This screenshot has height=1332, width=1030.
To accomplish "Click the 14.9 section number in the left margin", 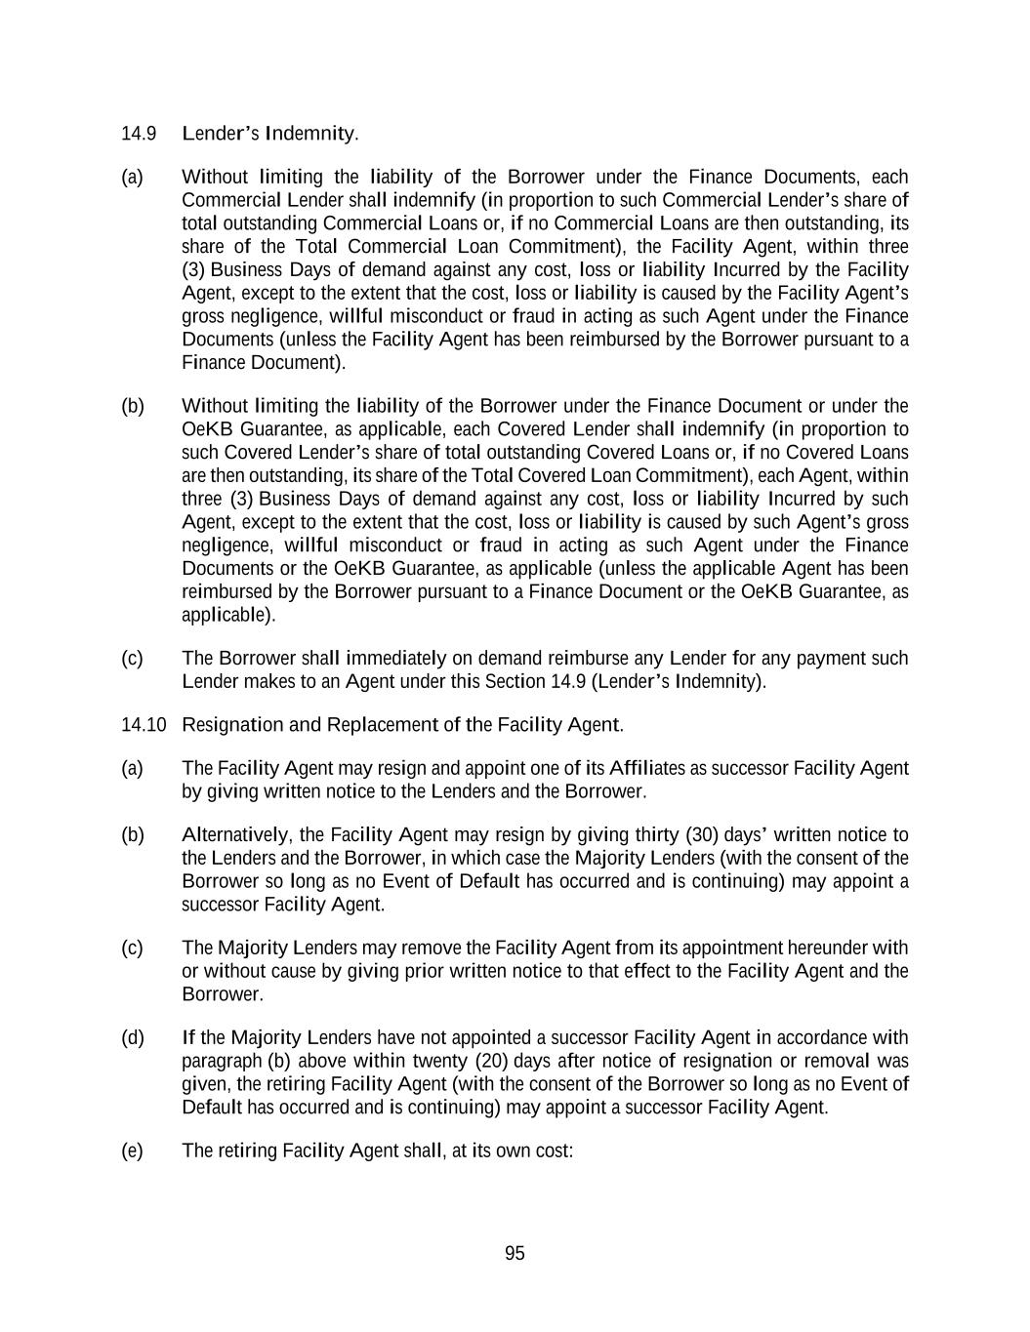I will pyautogui.click(x=139, y=133).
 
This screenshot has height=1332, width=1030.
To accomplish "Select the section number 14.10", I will pyautogui.click(x=144, y=725).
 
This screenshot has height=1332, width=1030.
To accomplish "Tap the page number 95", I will pyautogui.click(x=515, y=1254).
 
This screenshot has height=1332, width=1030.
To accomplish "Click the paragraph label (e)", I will pyautogui.click(x=132, y=1150).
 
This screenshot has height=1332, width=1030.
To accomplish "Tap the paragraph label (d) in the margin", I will pyautogui.click(x=132, y=1037).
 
